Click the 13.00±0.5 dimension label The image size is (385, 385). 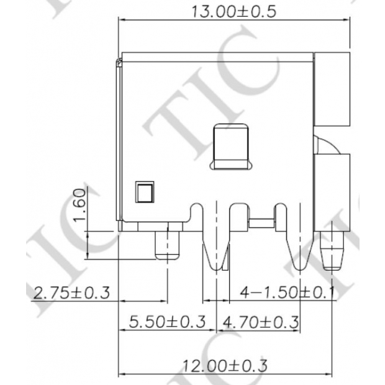(x=235, y=11)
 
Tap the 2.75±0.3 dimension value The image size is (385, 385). (x=71, y=291)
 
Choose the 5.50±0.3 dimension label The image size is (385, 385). (x=166, y=322)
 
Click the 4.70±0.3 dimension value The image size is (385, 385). (x=260, y=322)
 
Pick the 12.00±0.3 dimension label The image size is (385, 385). (x=226, y=366)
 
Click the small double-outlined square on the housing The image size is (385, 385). (x=143, y=192)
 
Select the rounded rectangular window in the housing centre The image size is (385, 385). (x=233, y=147)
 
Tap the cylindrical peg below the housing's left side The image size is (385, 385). (x=166, y=243)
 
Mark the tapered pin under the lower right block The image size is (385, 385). (x=333, y=251)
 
